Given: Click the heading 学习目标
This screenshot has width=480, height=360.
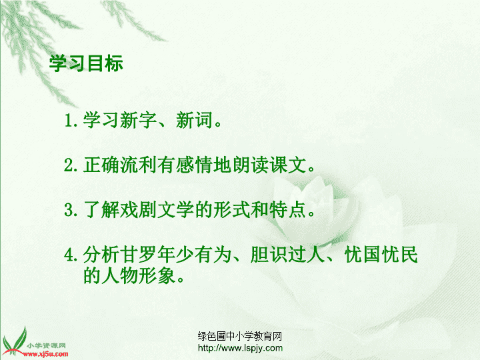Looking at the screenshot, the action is (x=86, y=63).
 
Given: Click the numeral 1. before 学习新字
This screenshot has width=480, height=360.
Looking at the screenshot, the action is (x=71, y=120).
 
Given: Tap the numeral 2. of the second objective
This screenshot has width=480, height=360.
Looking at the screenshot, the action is (x=71, y=165).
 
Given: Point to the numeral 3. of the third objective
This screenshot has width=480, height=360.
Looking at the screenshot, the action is (x=71, y=210).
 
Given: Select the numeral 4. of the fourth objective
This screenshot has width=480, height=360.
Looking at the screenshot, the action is (x=71, y=255).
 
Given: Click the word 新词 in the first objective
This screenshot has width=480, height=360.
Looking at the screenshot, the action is (x=194, y=120).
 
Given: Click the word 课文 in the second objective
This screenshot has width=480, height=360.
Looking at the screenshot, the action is (x=289, y=165).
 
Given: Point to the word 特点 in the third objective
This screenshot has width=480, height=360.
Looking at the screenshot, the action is (x=289, y=210).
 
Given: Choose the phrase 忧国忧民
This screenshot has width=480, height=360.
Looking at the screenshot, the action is (x=381, y=255).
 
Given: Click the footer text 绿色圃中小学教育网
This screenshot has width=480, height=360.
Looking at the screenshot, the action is (x=240, y=336).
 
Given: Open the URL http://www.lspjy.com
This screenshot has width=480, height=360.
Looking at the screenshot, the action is (x=240, y=348).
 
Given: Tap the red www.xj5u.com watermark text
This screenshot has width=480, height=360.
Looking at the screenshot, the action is (x=45, y=355).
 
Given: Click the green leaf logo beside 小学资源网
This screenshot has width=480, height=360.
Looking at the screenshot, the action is (x=14, y=343).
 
